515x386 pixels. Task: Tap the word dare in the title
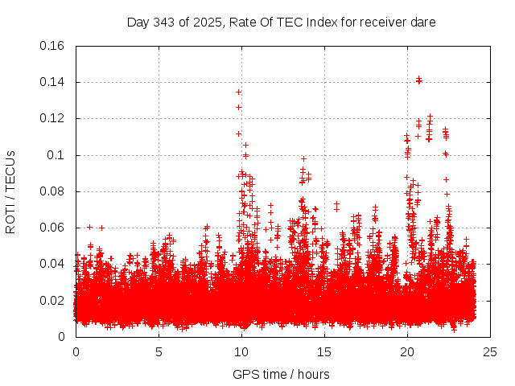click(422, 23)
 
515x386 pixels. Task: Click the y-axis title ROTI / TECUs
click(10, 191)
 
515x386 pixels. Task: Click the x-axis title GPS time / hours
click(281, 374)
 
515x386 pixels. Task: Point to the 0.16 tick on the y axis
click(53, 46)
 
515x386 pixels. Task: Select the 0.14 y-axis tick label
click(53, 82)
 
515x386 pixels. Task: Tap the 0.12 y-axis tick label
click(53, 118)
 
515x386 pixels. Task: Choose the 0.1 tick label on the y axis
click(56, 155)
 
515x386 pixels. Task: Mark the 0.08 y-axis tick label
click(53, 191)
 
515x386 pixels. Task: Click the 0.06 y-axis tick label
click(53, 228)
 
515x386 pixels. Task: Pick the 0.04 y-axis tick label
click(53, 264)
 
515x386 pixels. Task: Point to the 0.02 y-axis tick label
click(53, 301)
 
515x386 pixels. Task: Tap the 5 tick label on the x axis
click(159, 351)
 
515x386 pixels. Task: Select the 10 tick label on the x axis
click(241, 351)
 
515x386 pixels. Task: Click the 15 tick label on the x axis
click(324, 351)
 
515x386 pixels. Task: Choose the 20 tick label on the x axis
click(407, 351)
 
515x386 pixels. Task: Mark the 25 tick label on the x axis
click(490, 351)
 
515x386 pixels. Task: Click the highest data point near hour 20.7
click(419, 80)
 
